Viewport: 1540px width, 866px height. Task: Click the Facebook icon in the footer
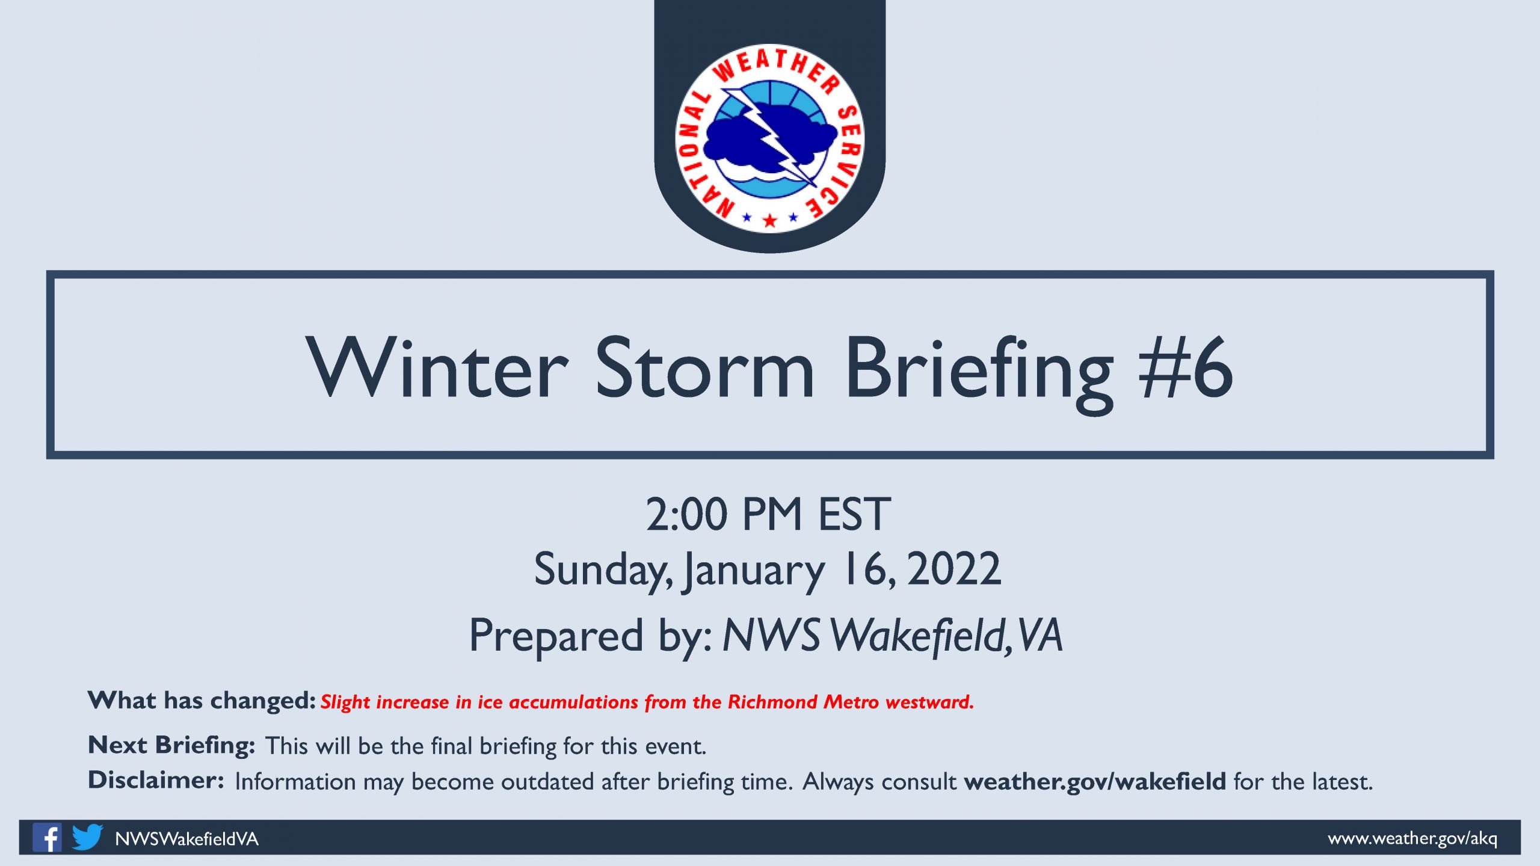click(47, 837)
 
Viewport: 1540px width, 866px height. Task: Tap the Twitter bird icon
click(87, 837)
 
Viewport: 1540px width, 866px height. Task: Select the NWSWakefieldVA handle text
click(186, 839)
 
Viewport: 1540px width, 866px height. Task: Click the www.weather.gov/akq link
click(1412, 838)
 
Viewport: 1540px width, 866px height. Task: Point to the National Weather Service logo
click(770, 138)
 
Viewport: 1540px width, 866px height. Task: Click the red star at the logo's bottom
click(769, 220)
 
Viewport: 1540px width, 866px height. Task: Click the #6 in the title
click(1186, 367)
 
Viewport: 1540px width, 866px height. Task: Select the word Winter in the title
click(437, 367)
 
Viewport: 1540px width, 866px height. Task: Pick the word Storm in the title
click(704, 367)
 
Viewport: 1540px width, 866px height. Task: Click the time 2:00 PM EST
click(768, 515)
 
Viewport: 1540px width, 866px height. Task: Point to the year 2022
click(954, 569)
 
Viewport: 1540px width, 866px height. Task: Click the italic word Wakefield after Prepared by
click(922, 636)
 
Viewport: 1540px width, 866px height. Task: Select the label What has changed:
click(202, 701)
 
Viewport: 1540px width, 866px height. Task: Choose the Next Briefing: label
click(171, 745)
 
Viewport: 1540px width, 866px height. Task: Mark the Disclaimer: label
click(156, 780)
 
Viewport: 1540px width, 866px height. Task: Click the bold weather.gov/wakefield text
click(1095, 782)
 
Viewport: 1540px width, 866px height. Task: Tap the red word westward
click(929, 702)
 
